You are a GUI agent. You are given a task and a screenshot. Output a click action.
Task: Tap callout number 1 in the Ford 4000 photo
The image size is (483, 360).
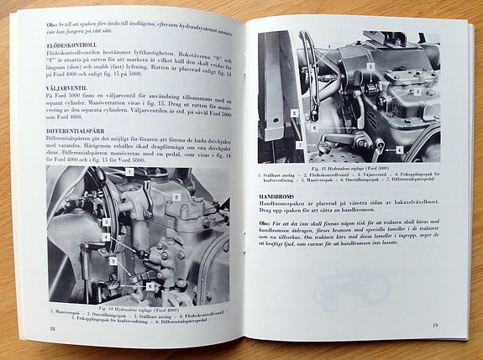[x=129, y=171]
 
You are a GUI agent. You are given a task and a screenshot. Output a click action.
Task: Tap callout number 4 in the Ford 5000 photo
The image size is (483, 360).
[x=400, y=151]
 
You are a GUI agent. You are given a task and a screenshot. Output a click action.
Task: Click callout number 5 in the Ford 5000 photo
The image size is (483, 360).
[x=295, y=111]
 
